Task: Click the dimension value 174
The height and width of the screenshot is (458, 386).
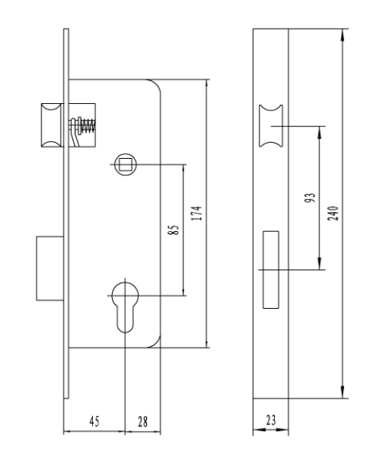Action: (x=197, y=213)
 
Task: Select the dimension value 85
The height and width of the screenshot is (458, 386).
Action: (x=173, y=229)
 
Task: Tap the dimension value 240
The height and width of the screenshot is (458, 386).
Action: (x=333, y=213)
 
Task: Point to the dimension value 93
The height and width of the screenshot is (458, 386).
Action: (x=310, y=198)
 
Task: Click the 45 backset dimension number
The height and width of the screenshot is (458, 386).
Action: (x=95, y=421)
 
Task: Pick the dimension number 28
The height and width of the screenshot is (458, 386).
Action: (x=143, y=421)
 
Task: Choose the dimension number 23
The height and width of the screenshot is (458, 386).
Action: (x=271, y=420)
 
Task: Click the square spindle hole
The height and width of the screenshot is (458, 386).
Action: (x=125, y=164)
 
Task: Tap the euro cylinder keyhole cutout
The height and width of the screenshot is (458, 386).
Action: (x=125, y=306)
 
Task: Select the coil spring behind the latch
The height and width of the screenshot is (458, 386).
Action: (x=87, y=126)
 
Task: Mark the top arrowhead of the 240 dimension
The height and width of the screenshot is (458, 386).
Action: (x=342, y=36)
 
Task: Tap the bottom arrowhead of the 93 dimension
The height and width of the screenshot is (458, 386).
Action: (x=319, y=264)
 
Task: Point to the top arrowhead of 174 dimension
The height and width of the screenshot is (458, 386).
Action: (x=207, y=86)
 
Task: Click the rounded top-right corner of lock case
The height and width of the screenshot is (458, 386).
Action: (x=156, y=83)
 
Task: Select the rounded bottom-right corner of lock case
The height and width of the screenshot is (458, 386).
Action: (x=156, y=344)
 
